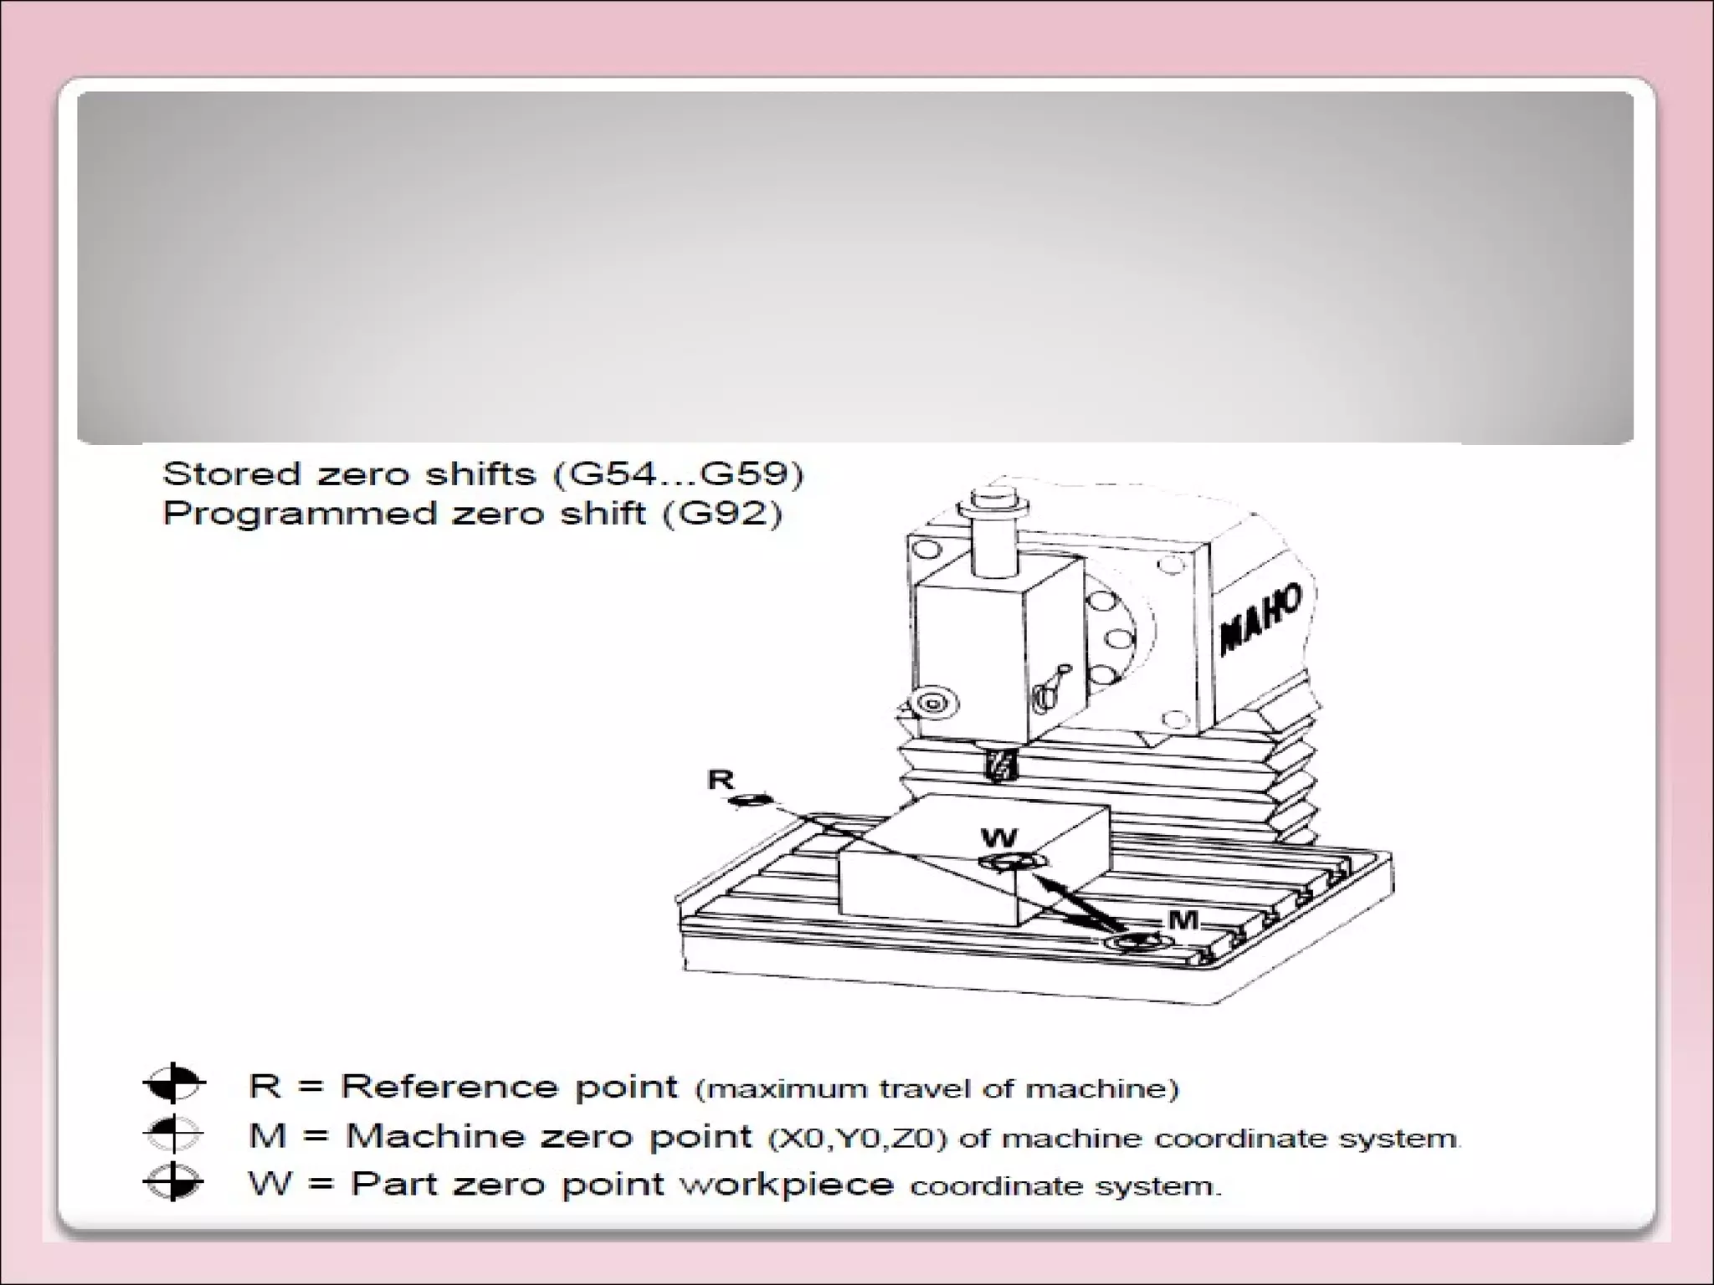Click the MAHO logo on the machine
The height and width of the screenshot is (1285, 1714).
(1261, 618)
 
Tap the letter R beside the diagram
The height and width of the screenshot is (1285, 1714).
(721, 780)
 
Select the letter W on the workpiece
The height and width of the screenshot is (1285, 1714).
(998, 837)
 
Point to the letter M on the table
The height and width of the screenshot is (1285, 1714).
(1183, 920)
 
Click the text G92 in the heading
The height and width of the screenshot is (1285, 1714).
(722, 513)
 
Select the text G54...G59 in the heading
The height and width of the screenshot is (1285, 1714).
(679, 474)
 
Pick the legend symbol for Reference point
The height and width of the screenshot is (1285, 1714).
(173, 1084)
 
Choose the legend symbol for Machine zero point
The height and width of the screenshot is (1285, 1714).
(173, 1134)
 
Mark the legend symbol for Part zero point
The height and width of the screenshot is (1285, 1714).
(173, 1182)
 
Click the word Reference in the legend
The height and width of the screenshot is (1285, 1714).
(449, 1086)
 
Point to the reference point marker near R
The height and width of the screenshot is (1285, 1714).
(751, 801)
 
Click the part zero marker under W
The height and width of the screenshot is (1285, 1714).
(1013, 863)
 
